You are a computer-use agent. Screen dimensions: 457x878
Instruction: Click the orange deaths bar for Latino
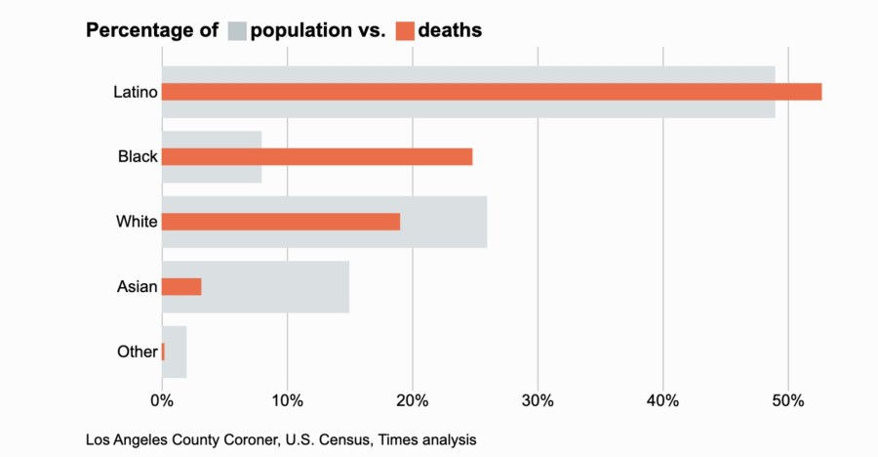coord(492,92)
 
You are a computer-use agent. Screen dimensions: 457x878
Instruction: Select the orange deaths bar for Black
coord(317,156)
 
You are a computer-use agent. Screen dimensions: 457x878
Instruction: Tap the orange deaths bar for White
coord(281,222)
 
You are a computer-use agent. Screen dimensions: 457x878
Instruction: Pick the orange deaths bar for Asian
coord(181,286)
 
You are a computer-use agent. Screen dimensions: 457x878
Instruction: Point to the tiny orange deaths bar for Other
coord(163,352)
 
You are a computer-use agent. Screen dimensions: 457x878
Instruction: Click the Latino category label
coord(135,92)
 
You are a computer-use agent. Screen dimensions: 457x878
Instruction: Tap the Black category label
coord(138,156)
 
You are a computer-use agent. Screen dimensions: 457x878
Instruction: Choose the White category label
coord(137,222)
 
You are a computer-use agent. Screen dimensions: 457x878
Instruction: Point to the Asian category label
coord(137,286)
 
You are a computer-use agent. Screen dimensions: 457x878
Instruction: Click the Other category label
coord(137,352)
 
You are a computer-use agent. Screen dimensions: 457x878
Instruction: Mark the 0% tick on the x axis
coord(162,400)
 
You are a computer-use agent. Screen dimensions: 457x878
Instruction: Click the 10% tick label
coord(287,400)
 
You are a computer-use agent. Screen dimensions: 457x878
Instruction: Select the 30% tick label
coord(538,400)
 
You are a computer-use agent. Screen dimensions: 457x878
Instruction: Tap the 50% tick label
coord(788,400)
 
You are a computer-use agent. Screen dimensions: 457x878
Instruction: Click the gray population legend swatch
coord(237,30)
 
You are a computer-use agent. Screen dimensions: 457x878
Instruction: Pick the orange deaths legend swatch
coord(405,30)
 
